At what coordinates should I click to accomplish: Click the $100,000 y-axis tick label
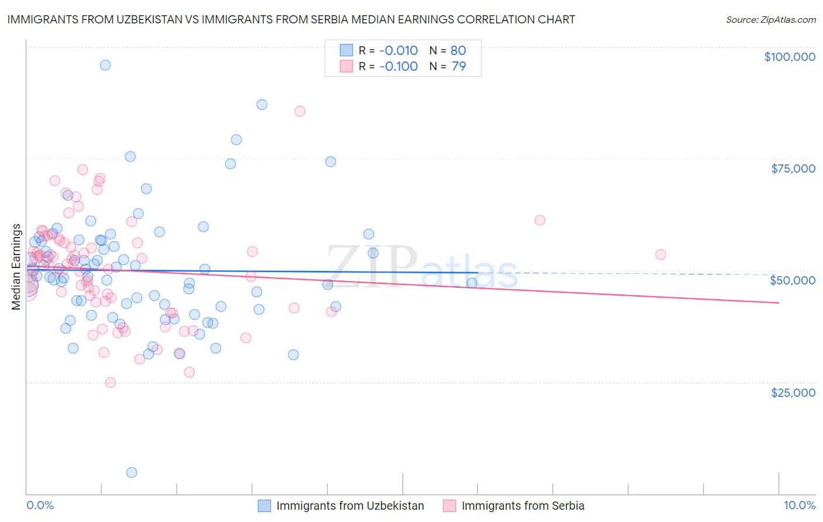tap(790, 57)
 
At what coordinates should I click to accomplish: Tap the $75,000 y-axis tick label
tap(793, 169)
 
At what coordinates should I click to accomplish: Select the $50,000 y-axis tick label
tap(793, 280)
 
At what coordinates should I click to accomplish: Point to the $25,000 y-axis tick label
tap(793, 392)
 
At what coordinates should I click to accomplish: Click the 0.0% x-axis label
tap(40, 506)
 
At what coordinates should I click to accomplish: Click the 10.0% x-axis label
tap(800, 506)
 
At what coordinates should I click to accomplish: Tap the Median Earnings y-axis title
tap(16, 267)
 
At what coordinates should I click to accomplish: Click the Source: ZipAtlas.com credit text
tap(771, 20)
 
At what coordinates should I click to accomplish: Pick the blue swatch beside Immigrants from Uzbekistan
tap(265, 506)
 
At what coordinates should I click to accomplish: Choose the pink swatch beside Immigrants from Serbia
tap(450, 506)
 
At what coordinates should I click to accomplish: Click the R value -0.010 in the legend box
tap(399, 51)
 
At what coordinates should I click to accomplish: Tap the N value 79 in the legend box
tap(459, 67)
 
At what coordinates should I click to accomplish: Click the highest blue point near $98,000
tap(105, 65)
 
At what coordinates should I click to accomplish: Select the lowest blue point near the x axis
tap(132, 472)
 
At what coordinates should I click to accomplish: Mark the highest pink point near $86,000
tap(300, 111)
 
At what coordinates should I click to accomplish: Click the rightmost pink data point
tap(660, 255)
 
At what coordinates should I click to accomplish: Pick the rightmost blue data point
tap(472, 283)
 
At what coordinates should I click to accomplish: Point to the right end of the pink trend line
tap(779, 303)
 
